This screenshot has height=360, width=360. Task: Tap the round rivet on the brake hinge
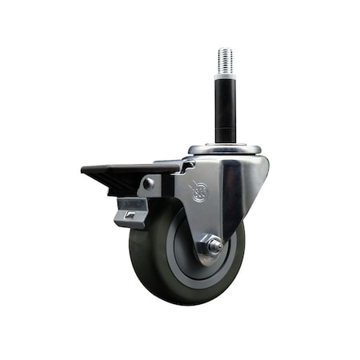coord(149,184)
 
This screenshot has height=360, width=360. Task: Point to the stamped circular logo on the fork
coord(197,191)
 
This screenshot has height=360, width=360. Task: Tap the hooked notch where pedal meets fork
coord(186,166)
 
